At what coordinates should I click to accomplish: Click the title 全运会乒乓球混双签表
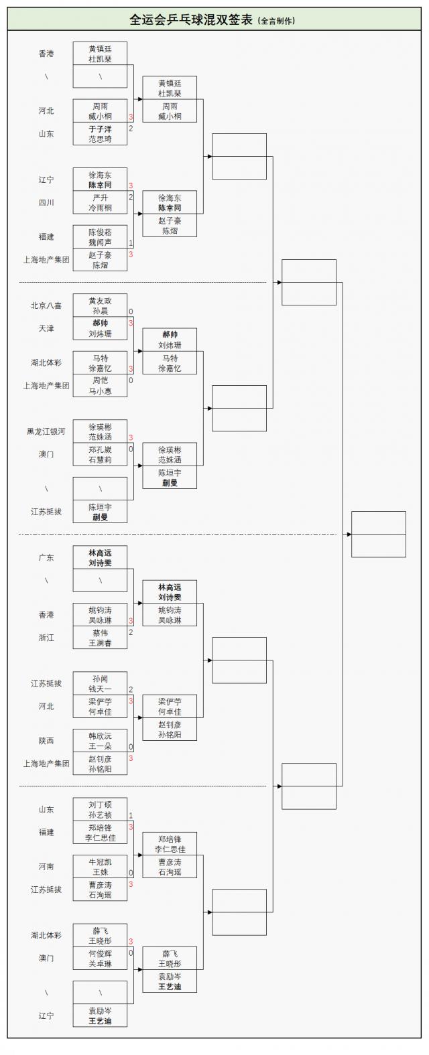[x=190, y=19]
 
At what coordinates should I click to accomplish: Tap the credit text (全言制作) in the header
[x=276, y=21]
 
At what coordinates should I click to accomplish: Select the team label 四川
[x=46, y=202]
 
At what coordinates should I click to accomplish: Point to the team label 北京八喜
[x=46, y=305]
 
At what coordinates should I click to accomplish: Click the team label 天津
[x=46, y=328]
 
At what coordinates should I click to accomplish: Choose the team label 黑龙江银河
[x=46, y=431]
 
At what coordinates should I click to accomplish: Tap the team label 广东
[x=46, y=557]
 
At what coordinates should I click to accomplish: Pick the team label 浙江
[x=46, y=638]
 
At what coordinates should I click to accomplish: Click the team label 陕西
[x=46, y=741]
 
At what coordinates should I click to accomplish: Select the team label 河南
[x=46, y=867]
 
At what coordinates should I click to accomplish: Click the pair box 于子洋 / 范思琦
[x=100, y=134]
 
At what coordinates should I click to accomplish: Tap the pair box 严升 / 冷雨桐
[x=100, y=203]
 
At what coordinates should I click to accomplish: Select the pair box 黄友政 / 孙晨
[x=100, y=306]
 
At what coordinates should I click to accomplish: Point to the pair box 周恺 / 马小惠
[x=100, y=386]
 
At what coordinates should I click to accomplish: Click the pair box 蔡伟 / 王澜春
[x=100, y=638]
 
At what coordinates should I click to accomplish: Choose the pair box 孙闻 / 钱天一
[x=100, y=684]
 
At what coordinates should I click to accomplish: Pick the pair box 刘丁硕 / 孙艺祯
[x=100, y=810]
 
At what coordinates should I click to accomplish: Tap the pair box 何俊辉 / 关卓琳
[x=100, y=959]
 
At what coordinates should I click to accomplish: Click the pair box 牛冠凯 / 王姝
[x=100, y=867]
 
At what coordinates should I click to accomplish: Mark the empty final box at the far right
[x=379, y=534]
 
